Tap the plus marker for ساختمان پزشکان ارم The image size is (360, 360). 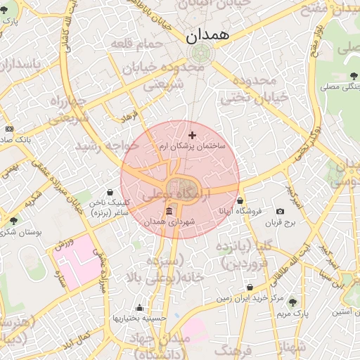193,134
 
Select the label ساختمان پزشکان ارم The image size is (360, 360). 192,146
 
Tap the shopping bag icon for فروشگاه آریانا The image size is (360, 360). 240,200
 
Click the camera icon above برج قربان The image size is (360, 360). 281,211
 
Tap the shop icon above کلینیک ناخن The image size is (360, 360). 110,192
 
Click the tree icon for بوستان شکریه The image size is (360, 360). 13,221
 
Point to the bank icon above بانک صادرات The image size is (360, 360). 9,129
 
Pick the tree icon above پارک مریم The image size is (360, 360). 293,302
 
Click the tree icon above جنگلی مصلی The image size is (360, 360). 352,76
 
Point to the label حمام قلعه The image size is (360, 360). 138,44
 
